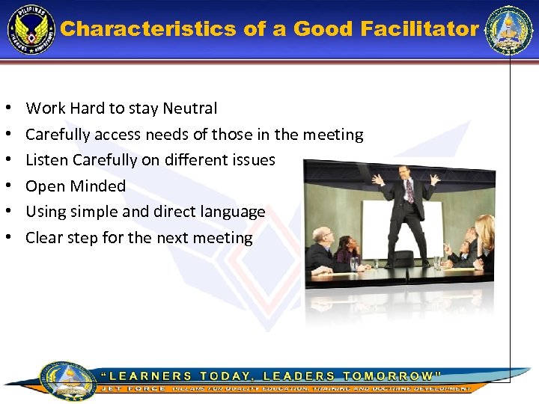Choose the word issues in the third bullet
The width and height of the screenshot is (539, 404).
[253, 160]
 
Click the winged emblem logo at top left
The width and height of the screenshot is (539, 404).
[31, 31]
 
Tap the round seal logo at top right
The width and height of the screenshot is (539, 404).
[508, 30]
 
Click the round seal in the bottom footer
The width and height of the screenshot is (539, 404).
[67, 381]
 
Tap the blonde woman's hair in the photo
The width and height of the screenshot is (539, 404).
[485, 228]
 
